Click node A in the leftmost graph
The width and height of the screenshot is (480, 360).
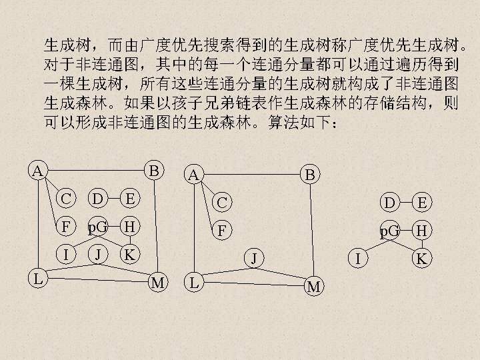coord(38,170)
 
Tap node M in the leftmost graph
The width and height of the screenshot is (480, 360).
coord(158,282)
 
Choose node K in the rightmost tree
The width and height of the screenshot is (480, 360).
coord(421,257)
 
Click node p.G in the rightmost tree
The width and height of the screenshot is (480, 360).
coord(389,231)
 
